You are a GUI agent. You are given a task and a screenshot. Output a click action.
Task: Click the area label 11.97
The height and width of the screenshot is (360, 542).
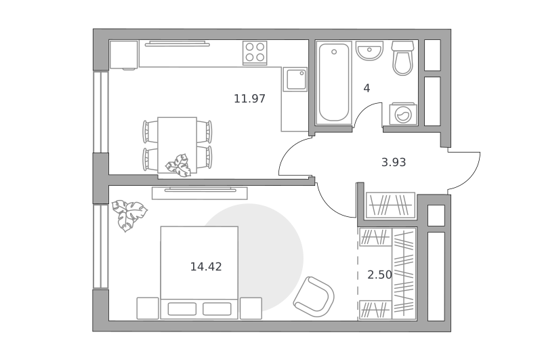(249, 99)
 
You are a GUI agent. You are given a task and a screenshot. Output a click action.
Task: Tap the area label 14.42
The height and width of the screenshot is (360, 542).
(206, 266)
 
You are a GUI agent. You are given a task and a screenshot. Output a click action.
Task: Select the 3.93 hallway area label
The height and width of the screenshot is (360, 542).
(394, 162)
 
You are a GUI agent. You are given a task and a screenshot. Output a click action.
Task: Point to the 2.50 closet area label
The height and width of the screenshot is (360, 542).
(379, 275)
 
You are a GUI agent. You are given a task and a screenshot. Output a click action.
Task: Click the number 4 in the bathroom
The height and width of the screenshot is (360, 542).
(367, 89)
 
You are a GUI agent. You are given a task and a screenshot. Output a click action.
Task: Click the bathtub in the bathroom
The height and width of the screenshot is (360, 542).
(334, 83)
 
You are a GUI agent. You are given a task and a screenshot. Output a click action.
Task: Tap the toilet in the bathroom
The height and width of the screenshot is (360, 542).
(402, 58)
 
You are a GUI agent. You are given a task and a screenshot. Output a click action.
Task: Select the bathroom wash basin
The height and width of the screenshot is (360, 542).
(369, 51)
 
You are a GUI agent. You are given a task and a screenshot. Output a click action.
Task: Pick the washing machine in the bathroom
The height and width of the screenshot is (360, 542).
(403, 113)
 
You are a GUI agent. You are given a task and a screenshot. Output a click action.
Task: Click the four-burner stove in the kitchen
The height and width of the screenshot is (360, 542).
(255, 53)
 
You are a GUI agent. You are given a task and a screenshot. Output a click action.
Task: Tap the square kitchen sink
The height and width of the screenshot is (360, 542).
(295, 79)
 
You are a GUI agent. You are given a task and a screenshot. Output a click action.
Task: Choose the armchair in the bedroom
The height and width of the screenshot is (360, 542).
(314, 297)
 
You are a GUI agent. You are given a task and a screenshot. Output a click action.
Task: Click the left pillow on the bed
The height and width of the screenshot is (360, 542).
(182, 309)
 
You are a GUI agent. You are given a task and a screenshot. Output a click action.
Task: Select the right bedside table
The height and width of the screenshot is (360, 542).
(251, 308)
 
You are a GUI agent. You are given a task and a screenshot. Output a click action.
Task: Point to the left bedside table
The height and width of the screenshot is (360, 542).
(148, 308)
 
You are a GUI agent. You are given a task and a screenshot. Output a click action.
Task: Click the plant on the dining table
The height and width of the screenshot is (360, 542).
(178, 165)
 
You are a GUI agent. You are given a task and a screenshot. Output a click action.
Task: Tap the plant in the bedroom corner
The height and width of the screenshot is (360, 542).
(129, 215)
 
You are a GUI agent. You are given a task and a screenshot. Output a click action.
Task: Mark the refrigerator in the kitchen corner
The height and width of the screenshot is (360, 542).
(124, 55)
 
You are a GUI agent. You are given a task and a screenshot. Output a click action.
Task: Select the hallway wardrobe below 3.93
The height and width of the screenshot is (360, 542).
(390, 205)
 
